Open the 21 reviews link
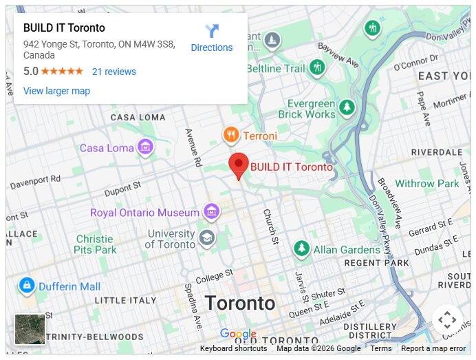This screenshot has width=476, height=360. (114, 72)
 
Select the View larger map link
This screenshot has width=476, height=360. (56, 91)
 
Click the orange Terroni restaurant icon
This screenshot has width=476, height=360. (231, 135)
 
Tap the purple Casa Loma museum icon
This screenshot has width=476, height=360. (144, 147)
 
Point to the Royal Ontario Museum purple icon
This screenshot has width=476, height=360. (211, 212)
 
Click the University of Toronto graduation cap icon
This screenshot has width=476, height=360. (207, 238)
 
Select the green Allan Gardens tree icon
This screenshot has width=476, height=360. (301, 248)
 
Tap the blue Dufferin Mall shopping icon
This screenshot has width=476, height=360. (27, 286)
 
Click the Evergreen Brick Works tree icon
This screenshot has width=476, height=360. (346, 107)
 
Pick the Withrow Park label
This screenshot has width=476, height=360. (426, 184)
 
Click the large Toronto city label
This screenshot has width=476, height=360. (240, 304)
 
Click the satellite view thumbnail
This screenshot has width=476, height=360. (30, 329)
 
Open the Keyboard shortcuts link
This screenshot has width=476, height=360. (233, 348)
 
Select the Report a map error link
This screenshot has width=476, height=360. (433, 348)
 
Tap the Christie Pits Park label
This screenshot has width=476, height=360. (96, 244)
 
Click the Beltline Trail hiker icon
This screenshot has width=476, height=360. (317, 67)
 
